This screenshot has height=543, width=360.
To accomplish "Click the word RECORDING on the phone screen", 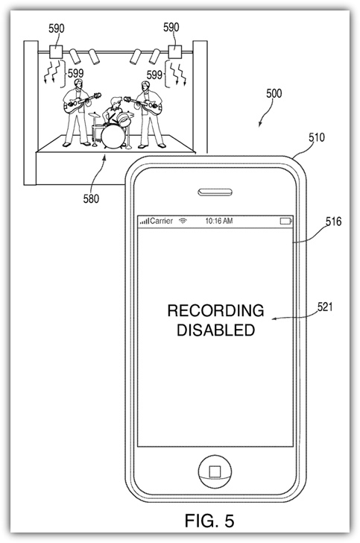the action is pyautogui.click(x=215, y=310).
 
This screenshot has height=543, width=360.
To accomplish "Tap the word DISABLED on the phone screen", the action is pyautogui.click(x=216, y=330).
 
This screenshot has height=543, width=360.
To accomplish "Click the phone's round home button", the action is pyautogui.click(x=215, y=471).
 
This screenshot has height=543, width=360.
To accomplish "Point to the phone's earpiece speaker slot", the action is pyautogui.click(x=215, y=192).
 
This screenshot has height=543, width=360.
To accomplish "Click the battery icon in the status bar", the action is pyautogui.click(x=286, y=221).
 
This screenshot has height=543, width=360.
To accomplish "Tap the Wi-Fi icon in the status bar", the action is pyautogui.click(x=183, y=221).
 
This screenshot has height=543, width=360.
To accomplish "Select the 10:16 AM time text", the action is pyautogui.click(x=219, y=221).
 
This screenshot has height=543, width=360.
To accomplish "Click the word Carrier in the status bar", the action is pyautogui.click(x=162, y=221).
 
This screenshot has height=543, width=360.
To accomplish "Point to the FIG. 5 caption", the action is pyautogui.click(x=209, y=520).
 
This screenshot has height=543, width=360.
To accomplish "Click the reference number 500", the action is pyautogui.click(x=274, y=93).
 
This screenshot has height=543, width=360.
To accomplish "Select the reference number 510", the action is pyautogui.click(x=317, y=138).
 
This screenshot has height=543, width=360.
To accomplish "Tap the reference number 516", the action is pyautogui.click(x=333, y=222).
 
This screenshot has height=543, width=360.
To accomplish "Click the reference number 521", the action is pyautogui.click(x=325, y=307).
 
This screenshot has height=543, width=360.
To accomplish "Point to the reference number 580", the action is pyautogui.click(x=91, y=198).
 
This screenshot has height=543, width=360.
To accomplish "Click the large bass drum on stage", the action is pyautogui.click(x=111, y=136).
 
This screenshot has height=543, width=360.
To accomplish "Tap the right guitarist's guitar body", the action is pyautogui.click(x=153, y=107).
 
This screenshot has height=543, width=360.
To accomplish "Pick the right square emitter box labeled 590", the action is pyautogui.click(x=174, y=51).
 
